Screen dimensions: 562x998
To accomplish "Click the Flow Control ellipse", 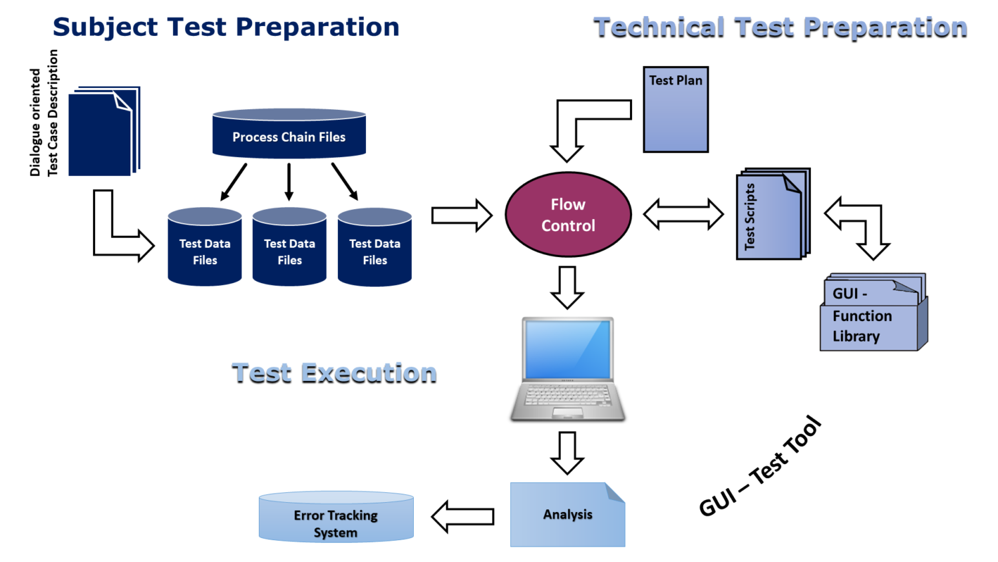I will point(568,214).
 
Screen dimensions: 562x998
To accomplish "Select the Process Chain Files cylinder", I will point(289,135).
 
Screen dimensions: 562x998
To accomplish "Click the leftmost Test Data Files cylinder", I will point(204,249).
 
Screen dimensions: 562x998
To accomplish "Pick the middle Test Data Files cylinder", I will point(289,249).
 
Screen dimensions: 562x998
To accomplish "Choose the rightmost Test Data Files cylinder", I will point(375,249).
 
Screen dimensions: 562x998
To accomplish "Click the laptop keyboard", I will point(568,396).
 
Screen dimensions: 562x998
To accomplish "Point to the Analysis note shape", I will point(567,515).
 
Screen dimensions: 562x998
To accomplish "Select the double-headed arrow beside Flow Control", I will point(683,214).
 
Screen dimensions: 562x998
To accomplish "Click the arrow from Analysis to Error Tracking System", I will point(463,517).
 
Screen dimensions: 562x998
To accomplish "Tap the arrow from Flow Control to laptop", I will point(567,287).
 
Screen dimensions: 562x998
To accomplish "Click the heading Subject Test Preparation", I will point(226,27).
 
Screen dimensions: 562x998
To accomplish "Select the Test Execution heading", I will point(334,374).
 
